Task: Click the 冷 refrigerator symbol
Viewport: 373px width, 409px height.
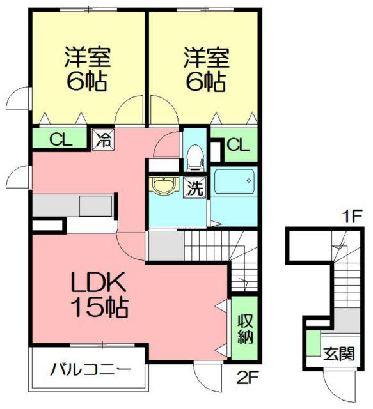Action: click(102, 139)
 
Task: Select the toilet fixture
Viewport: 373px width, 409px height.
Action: click(194, 156)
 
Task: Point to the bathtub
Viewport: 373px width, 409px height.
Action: click(234, 183)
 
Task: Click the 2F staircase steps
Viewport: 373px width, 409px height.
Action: click(211, 246)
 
